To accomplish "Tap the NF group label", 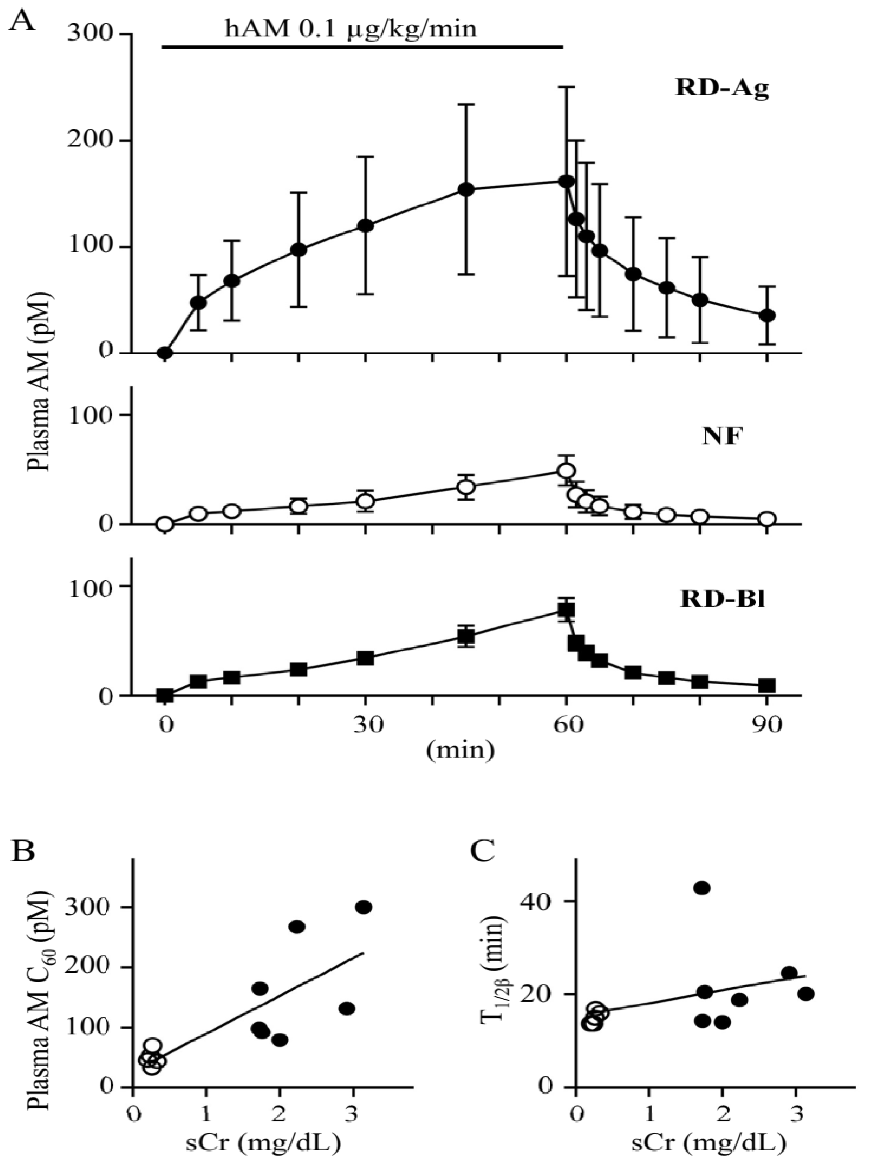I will pyautogui.click(x=722, y=437).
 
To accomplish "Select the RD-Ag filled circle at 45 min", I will pyautogui.click(x=466, y=190).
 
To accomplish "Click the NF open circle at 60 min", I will pyautogui.click(x=566, y=470).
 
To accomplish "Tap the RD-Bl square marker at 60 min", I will pyautogui.click(x=566, y=610).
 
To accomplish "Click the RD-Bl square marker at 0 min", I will pyautogui.click(x=165, y=695).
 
